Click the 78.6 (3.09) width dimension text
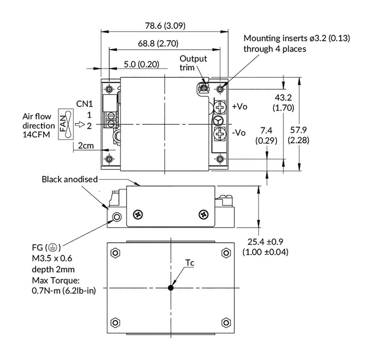[164, 26]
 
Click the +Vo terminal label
[240, 107]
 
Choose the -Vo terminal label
[239, 132]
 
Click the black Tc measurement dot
[170, 288]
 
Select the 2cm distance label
[86, 146]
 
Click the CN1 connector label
[85, 104]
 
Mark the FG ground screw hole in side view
[117, 217]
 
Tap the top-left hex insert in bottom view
[115, 252]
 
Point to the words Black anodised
[70, 179]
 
